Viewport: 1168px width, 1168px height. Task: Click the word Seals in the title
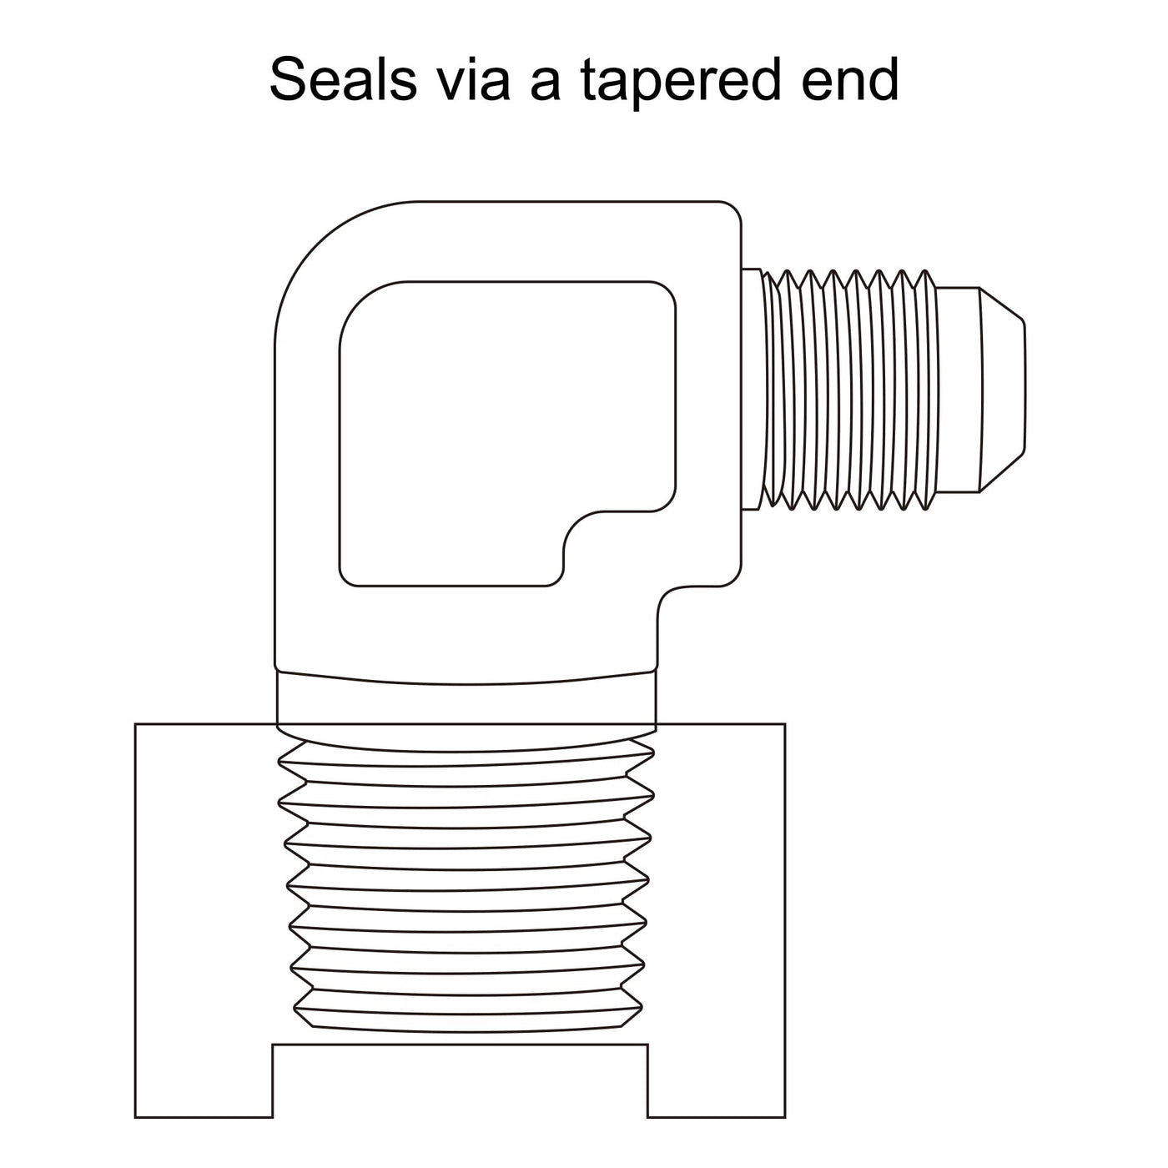[x=343, y=78]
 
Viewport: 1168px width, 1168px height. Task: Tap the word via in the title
[x=475, y=78]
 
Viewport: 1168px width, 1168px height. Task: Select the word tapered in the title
[x=679, y=83]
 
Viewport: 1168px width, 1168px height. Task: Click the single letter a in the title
[x=546, y=84]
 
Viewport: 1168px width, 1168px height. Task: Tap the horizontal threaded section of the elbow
[x=848, y=390]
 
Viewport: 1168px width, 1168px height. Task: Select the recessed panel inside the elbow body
[x=508, y=434]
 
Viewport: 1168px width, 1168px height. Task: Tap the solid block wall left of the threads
[x=206, y=885]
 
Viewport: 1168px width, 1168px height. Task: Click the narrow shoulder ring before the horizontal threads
[x=752, y=390]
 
